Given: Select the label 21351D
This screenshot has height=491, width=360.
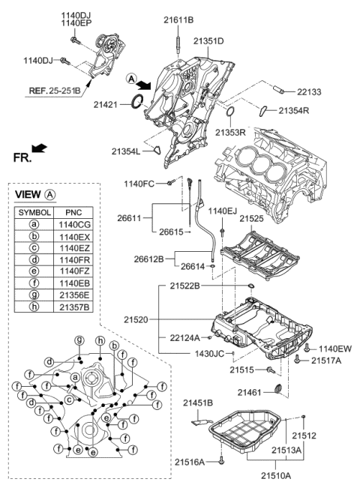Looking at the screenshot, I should pos(208,41).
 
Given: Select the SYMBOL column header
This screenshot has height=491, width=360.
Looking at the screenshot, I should pos(35,212).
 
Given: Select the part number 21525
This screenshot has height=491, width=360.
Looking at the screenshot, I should pos(251,219).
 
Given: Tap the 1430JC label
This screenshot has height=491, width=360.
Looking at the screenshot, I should pos(209,352).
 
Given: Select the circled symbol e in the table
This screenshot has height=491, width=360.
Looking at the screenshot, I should pos(35,272).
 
